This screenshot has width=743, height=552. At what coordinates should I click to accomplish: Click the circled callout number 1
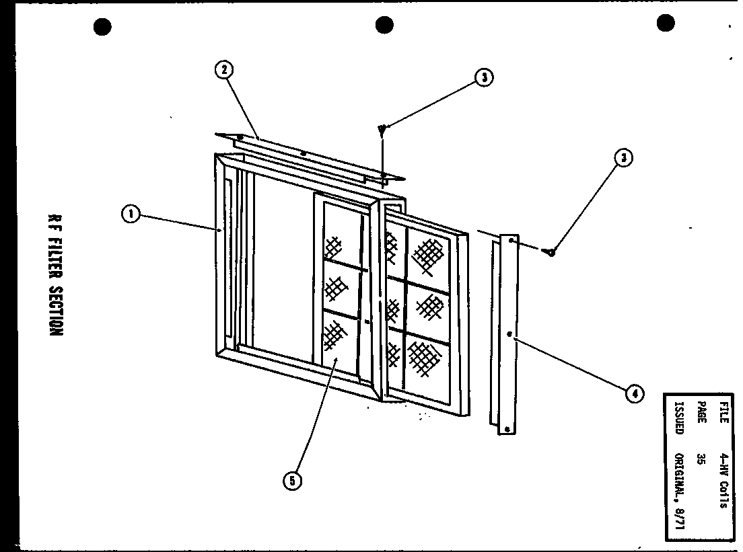pyautogui.click(x=131, y=214)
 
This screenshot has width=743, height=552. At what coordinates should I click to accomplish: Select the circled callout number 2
pyautogui.click(x=224, y=70)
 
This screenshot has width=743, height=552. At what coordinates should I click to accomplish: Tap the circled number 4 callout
pyautogui.click(x=633, y=394)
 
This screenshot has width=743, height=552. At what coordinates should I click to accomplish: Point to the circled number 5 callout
pyautogui.click(x=292, y=480)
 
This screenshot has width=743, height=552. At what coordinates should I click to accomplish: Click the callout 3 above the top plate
pyautogui.click(x=483, y=78)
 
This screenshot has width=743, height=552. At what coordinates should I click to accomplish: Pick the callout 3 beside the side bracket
pyautogui.click(x=624, y=158)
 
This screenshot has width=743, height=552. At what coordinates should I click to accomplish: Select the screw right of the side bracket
pyautogui.click(x=551, y=252)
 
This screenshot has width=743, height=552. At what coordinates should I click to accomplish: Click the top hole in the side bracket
pyautogui.click(x=511, y=239)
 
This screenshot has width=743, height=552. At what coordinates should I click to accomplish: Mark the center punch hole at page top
pyautogui.click(x=384, y=26)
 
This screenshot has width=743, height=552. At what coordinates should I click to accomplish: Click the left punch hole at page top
pyautogui.click(x=102, y=27)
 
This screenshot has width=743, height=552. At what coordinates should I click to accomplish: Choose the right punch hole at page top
pyautogui.click(x=665, y=24)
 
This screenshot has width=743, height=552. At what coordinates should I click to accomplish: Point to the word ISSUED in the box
pyautogui.click(x=678, y=420)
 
